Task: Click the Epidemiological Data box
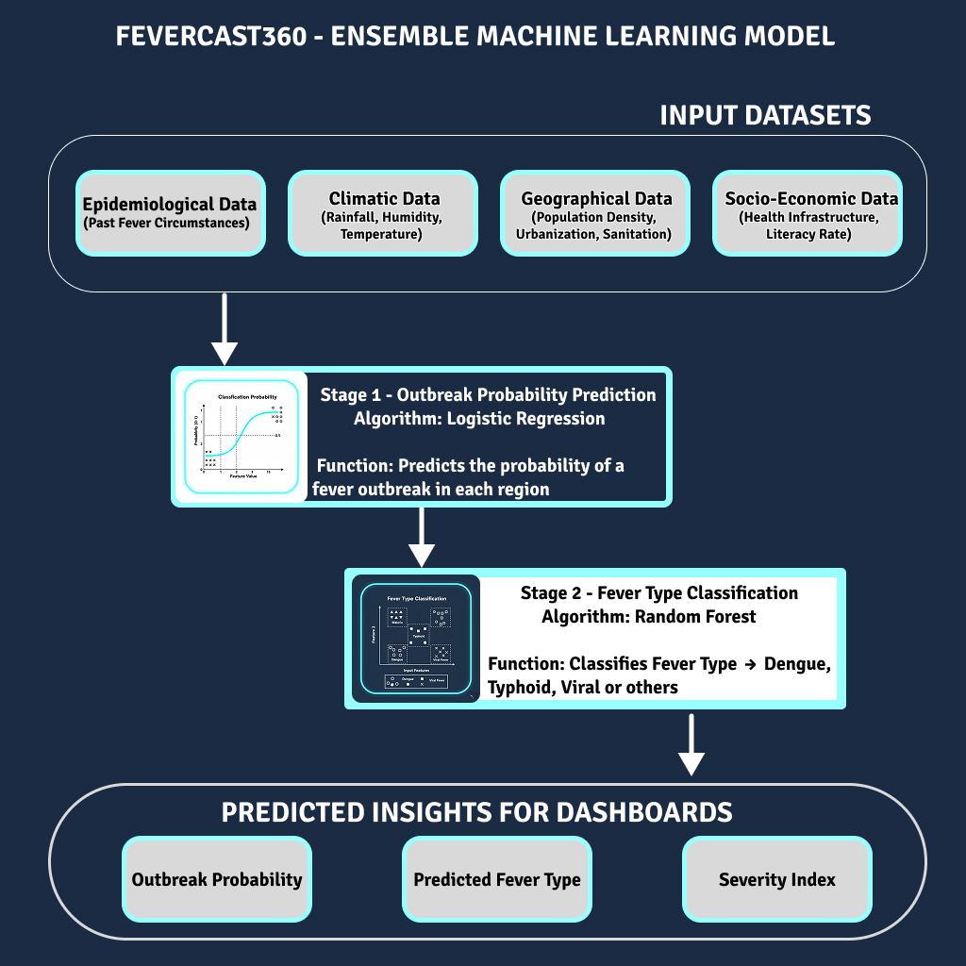tap(170, 213)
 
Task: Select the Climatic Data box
tap(383, 213)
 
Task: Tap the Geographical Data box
tap(595, 213)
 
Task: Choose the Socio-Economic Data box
tap(808, 213)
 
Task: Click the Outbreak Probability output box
tap(217, 879)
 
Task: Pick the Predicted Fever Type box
tap(497, 879)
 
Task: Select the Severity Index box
tap(777, 879)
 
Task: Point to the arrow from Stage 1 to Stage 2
tap(423, 538)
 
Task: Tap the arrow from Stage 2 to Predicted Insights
tap(692, 744)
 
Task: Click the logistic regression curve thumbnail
tap(241, 435)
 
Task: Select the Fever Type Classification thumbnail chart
tap(416, 639)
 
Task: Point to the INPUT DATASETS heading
tap(765, 115)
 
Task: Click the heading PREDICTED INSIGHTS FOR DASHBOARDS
tap(477, 812)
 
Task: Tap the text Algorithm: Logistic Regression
tap(479, 418)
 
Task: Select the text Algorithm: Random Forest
tap(649, 616)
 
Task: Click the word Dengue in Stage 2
tap(797, 663)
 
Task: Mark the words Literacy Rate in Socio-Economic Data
tap(808, 234)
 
